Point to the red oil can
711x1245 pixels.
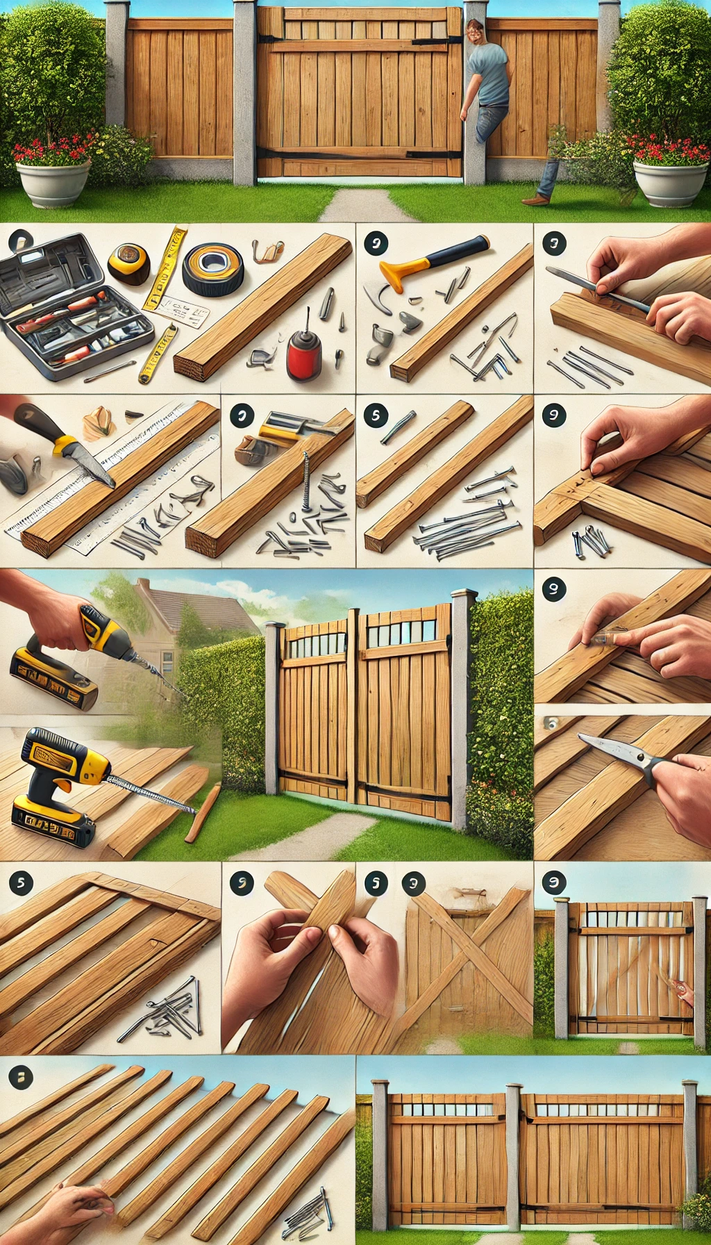[303, 355]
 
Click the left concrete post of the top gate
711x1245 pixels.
[244, 94]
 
